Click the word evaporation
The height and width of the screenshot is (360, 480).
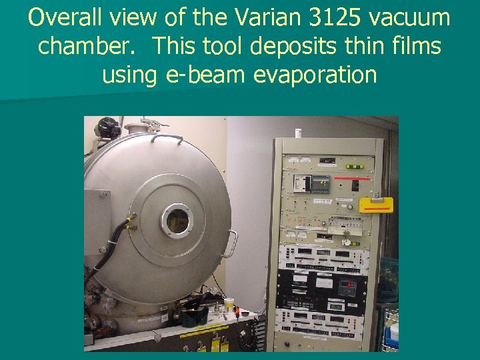coord(315,75)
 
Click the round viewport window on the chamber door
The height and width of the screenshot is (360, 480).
coord(177,221)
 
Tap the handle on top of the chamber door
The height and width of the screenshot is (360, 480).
coord(167,137)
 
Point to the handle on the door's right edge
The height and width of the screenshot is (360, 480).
coord(232,243)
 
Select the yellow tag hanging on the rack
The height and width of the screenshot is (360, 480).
coord(375,204)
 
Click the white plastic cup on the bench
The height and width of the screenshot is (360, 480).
coord(229,303)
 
